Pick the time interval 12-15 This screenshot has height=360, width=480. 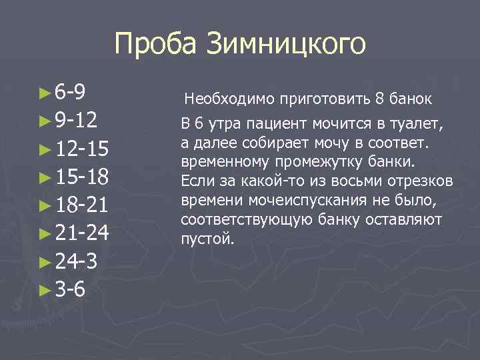83,149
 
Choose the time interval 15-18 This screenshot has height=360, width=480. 83,177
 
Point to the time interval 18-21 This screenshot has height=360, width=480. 83,205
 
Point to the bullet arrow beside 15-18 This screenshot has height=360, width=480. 45,177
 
